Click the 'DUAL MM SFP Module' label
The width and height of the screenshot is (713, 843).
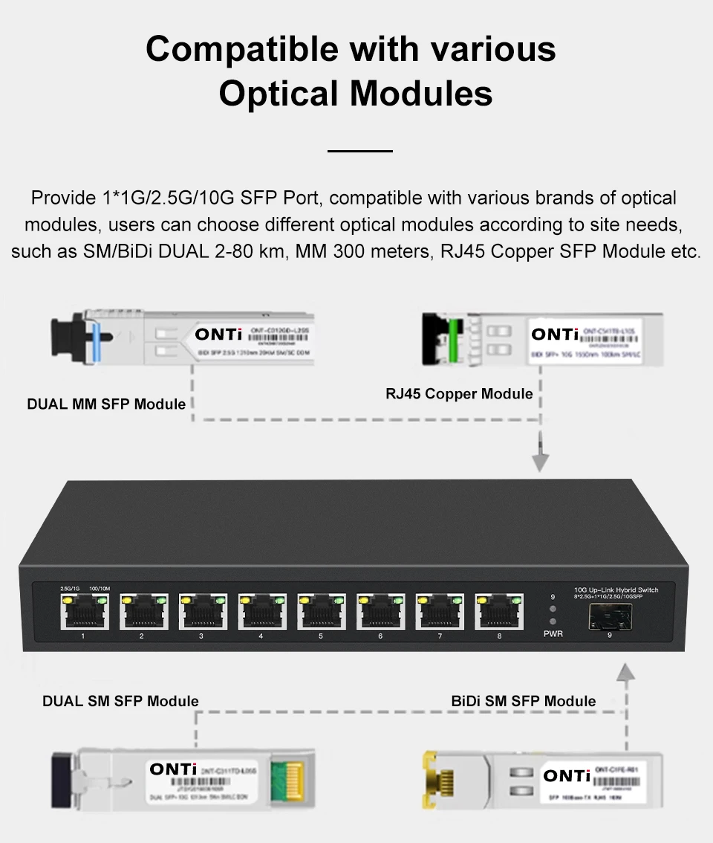[x=106, y=404]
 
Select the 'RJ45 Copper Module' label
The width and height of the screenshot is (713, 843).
[x=459, y=393]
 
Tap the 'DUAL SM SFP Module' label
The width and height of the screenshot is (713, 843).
[x=120, y=701]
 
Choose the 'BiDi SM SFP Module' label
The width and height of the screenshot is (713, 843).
[x=524, y=701]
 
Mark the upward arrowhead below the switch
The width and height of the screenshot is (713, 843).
[x=628, y=673]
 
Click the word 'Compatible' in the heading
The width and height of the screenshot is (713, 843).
[x=242, y=50]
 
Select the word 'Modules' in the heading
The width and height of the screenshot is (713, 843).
[x=421, y=94]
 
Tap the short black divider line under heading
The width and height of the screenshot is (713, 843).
[x=359, y=151]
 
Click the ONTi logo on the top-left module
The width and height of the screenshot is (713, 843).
[x=218, y=335]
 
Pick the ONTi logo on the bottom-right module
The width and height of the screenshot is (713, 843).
[x=567, y=776]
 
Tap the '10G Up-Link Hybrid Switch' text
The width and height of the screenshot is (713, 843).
[x=616, y=590]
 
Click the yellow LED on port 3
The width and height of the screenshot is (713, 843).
[x=185, y=598]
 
